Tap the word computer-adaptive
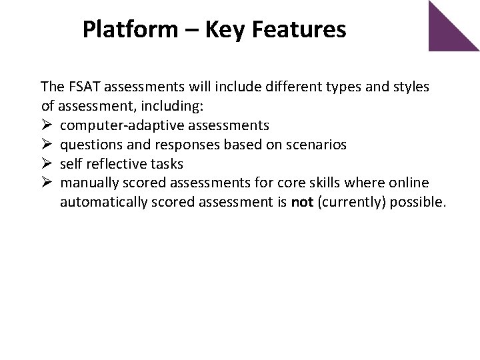pyautogui.click(x=108, y=125)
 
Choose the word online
pyautogui.click(x=410, y=183)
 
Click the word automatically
pyautogui.click(x=100, y=203)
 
